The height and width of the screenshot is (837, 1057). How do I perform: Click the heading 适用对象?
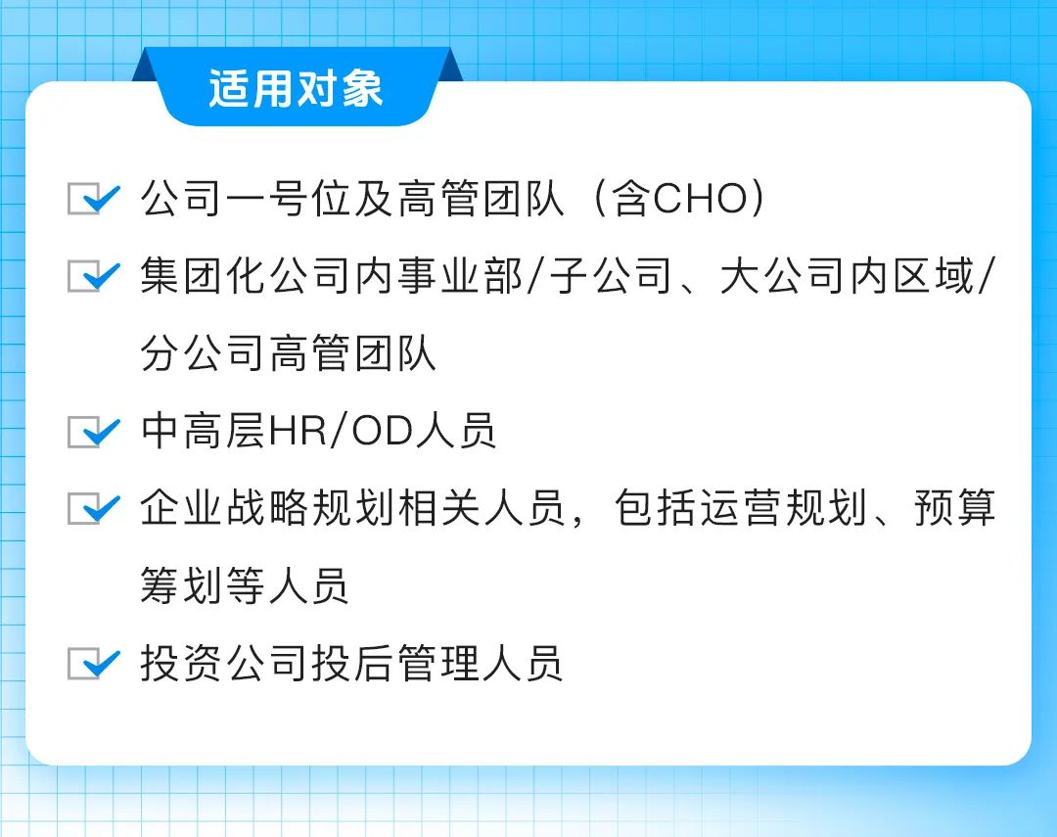click(296, 88)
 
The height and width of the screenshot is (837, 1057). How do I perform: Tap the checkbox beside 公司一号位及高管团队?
click(94, 199)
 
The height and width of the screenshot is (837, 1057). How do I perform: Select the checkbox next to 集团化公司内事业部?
click(94, 276)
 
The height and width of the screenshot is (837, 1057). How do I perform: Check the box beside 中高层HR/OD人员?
click(94, 431)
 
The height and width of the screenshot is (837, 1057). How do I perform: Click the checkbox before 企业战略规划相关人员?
click(94, 508)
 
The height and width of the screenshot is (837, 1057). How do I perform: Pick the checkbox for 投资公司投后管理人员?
click(94, 663)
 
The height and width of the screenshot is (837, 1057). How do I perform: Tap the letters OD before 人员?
click(383, 431)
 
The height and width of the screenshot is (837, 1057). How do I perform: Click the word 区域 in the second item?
click(935, 276)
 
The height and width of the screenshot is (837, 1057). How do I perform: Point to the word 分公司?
click(204, 353)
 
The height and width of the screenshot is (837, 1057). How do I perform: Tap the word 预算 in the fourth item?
click(955, 508)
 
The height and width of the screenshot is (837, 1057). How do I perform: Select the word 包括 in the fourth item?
click(656, 508)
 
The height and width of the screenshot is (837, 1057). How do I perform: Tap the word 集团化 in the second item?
click(204, 276)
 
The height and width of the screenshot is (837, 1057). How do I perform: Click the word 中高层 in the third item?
click(204, 431)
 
